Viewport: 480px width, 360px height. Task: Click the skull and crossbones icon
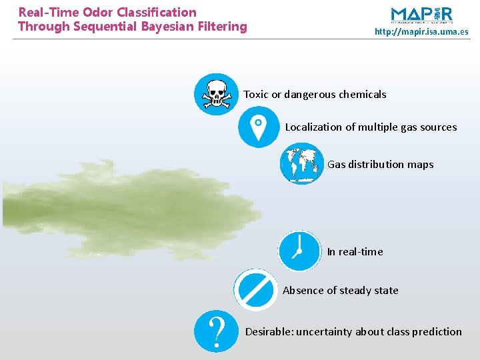215,94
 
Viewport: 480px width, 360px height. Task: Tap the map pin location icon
259,127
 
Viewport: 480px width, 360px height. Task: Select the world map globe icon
301,164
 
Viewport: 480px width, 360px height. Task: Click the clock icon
299,251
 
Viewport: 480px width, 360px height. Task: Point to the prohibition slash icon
255,289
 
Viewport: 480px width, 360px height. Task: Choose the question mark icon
215,331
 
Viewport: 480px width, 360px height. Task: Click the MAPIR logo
421,15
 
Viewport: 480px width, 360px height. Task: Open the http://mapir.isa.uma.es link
421,31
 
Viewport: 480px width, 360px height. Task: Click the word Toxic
256,95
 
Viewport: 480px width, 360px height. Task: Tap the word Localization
313,127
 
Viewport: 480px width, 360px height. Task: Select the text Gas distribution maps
380,164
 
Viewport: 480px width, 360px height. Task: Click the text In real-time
355,251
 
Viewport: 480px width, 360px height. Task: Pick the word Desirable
269,331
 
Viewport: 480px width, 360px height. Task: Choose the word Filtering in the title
222,27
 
